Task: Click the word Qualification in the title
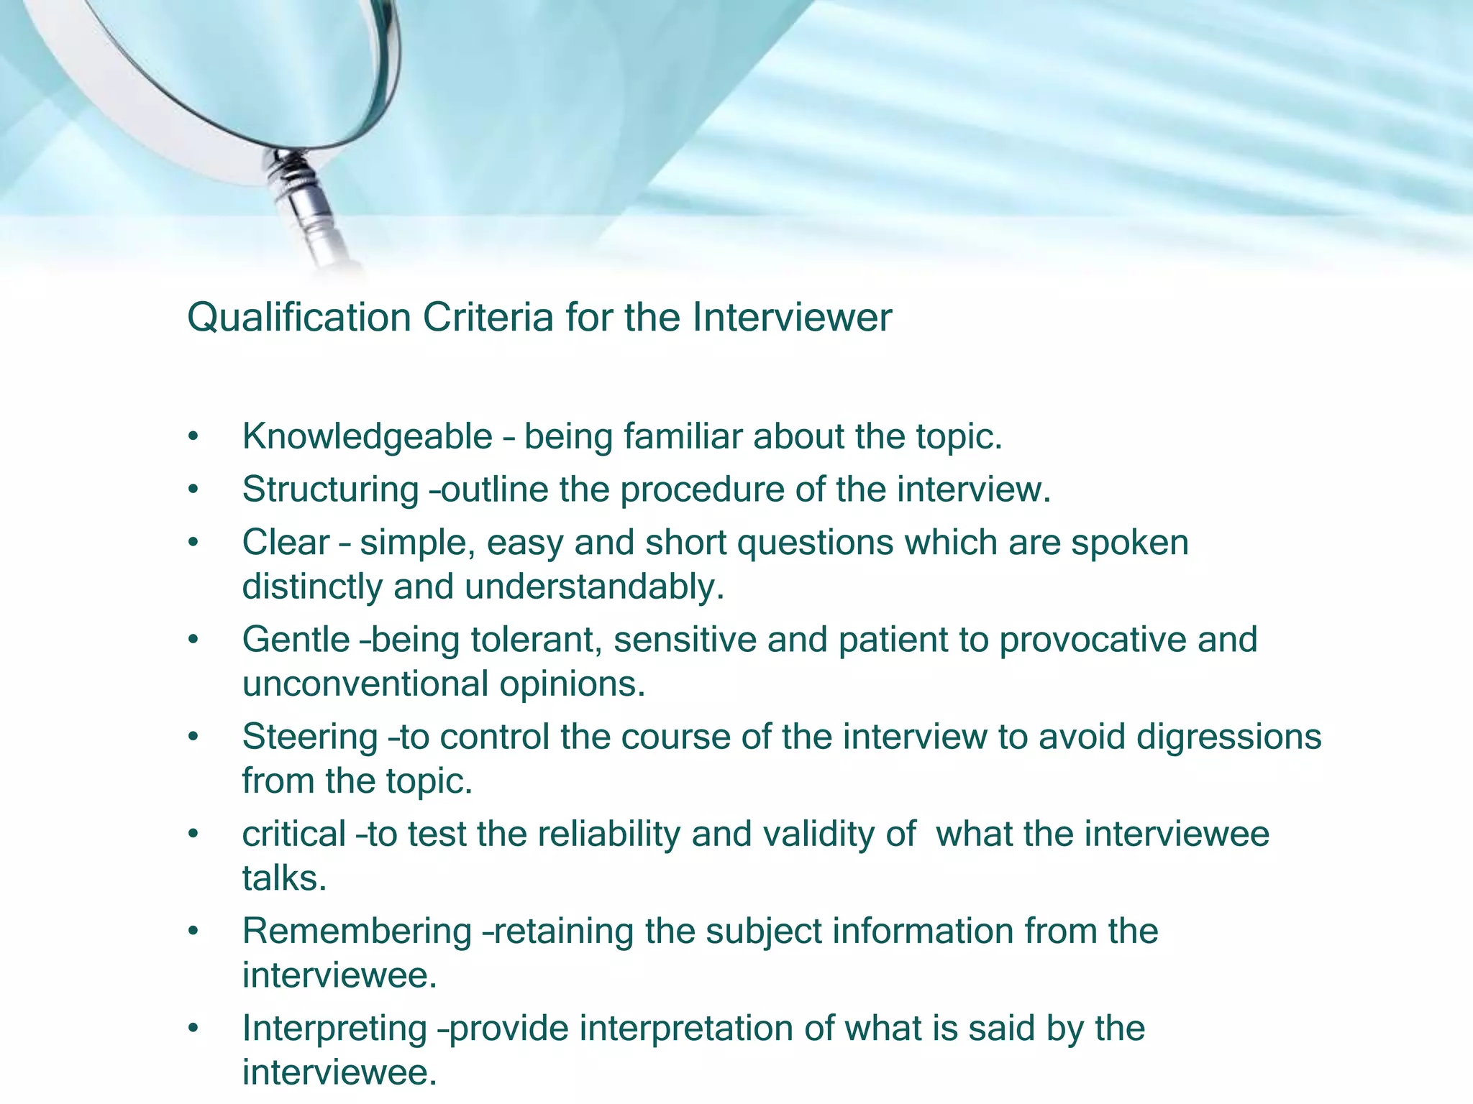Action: [x=298, y=318]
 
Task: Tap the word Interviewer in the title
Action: [x=792, y=318]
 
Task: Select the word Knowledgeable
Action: [x=367, y=436]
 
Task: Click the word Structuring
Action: [x=330, y=490]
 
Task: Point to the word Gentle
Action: [x=296, y=640]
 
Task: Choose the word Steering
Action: [x=310, y=737]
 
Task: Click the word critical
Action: [x=294, y=834]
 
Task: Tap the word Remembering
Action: [x=357, y=931]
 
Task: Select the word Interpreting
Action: [x=334, y=1029]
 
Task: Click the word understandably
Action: [x=594, y=586]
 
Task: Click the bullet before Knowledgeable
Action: [x=192, y=437]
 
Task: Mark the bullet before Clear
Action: [x=192, y=543]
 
